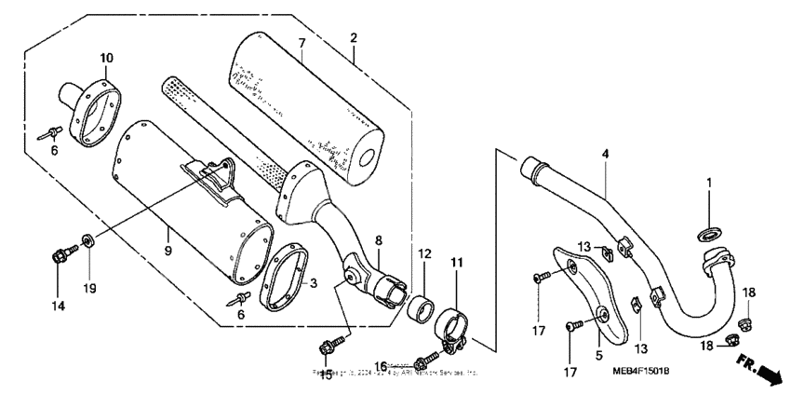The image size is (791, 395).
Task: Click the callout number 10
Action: click(107, 58)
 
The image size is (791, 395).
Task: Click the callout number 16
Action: click(380, 367)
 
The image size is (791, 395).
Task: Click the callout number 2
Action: click(354, 38)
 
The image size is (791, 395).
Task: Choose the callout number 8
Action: click(378, 239)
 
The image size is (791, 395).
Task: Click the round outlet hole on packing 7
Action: click(371, 155)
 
